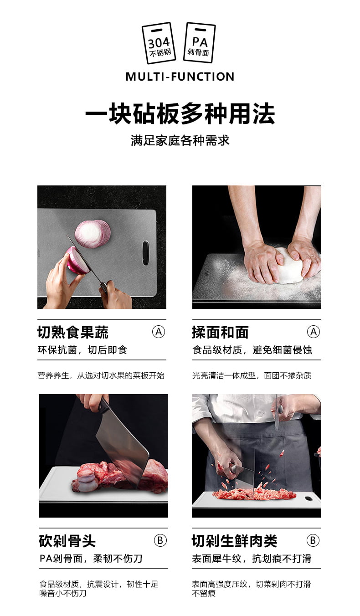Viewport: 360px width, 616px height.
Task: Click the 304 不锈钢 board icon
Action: tap(159, 43)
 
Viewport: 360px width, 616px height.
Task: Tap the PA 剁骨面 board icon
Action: tap(200, 42)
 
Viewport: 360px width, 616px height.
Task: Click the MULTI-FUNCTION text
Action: tap(180, 77)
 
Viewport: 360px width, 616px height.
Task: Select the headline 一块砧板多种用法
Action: tap(180, 114)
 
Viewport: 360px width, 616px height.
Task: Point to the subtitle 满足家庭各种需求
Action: tap(180, 140)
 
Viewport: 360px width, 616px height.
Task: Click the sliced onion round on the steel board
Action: tap(93, 233)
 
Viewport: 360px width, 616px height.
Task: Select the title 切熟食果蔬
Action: tap(73, 332)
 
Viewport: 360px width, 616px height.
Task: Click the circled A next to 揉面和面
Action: tap(313, 332)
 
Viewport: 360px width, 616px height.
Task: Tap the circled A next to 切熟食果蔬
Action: tap(159, 332)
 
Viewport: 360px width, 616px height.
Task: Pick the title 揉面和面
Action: tap(220, 332)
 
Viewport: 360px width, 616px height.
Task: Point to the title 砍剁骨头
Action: tap(67, 541)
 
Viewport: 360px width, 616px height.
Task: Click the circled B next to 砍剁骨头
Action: tap(160, 540)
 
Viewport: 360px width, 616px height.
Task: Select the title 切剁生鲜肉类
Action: tap(235, 541)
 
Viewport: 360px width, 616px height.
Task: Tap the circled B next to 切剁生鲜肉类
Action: tap(313, 540)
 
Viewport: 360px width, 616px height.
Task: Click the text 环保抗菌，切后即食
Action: tap(82, 350)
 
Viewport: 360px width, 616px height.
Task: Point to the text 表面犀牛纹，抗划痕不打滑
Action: tap(252, 559)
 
